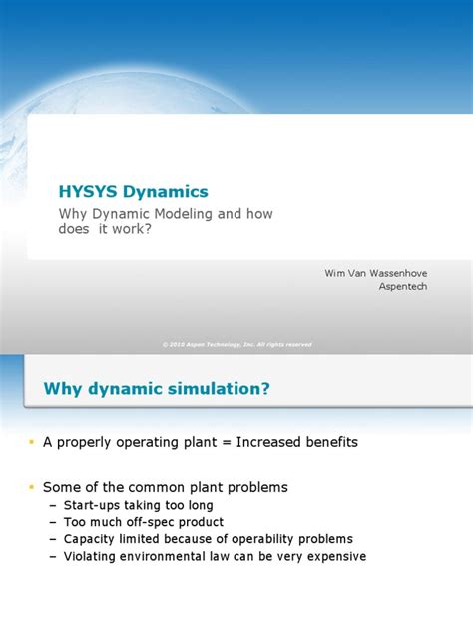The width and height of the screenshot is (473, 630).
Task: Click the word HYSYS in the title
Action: point(89,191)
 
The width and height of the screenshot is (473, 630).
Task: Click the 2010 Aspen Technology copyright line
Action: point(236,344)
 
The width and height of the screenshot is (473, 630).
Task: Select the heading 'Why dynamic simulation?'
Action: point(157,388)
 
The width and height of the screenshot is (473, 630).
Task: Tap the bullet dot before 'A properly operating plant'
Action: point(31,441)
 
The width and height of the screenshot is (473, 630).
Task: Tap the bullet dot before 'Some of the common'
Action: point(31,486)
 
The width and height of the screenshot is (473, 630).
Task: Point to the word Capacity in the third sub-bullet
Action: point(87,539)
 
